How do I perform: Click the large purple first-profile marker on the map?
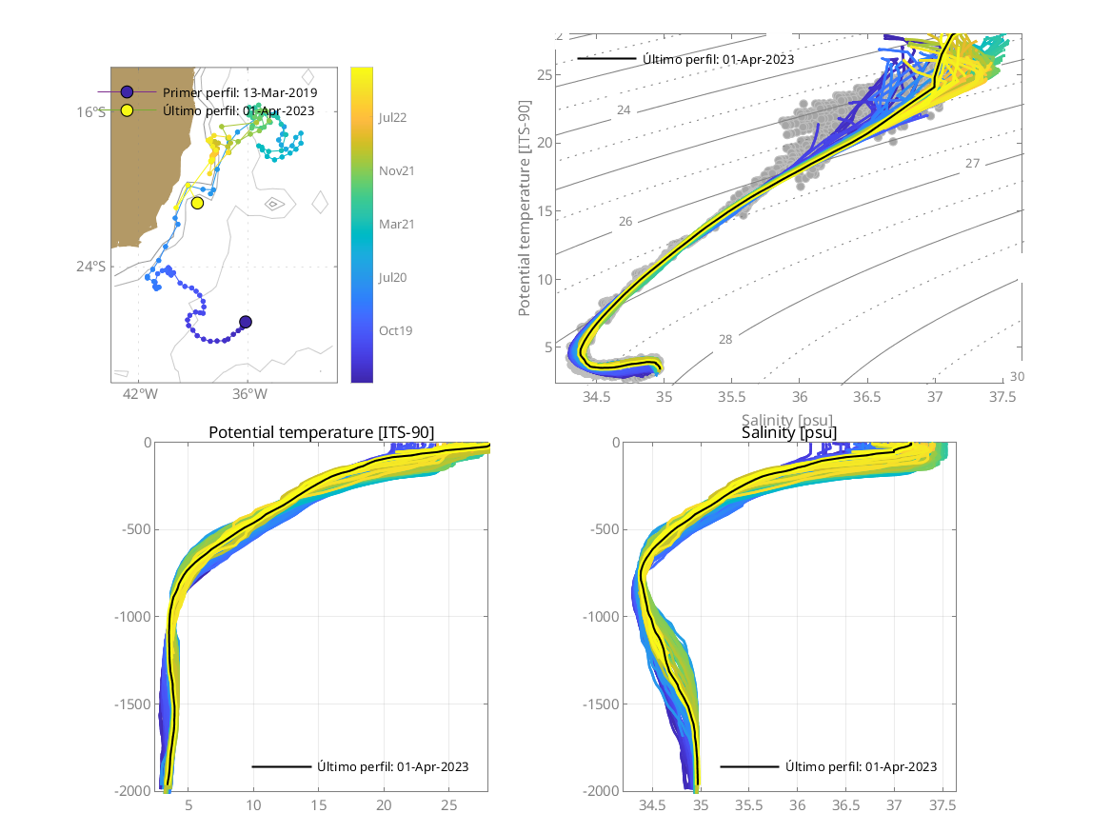pos(246,322)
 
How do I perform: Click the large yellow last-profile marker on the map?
pos(197,203)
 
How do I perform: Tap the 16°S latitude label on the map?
pos(91,112)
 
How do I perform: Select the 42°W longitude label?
pos(139,395)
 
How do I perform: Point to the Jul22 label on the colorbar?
pos(394,117)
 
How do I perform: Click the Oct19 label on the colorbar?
pos(395,330)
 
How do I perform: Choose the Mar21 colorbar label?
pos(395,224)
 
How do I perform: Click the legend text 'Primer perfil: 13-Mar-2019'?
pos(240,92)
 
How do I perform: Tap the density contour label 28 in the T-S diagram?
pos(724,339)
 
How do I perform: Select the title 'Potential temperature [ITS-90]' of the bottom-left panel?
pos(321,433)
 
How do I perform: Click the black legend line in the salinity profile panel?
pos(750,766)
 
